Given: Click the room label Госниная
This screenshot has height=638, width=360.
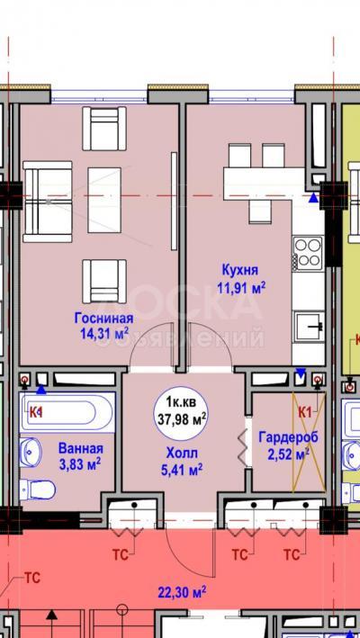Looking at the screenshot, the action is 103,318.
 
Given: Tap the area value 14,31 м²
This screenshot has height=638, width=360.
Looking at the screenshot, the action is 104,334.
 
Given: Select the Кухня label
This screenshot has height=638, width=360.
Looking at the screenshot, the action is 240,270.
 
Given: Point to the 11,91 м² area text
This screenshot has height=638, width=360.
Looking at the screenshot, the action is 241,289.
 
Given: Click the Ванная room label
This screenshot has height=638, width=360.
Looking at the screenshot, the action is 81,448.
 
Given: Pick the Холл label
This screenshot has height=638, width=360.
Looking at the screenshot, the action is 182,453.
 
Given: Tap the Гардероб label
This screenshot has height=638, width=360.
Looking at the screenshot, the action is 289,437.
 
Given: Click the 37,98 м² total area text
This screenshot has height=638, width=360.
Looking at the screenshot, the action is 181,418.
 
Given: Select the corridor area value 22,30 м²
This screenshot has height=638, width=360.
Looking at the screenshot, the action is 182,590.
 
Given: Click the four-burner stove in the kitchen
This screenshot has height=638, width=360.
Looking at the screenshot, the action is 308,251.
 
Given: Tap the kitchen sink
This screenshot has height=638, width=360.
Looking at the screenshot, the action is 310,326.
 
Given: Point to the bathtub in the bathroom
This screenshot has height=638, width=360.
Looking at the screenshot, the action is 67,412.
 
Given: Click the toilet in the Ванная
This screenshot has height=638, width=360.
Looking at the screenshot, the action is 38,490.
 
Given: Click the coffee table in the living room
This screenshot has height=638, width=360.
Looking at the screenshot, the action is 104,200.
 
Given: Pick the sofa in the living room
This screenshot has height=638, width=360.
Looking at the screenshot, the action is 47,202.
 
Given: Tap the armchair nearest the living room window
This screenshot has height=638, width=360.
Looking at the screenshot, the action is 104,129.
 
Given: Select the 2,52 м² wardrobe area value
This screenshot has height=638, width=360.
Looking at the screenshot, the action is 288,454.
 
